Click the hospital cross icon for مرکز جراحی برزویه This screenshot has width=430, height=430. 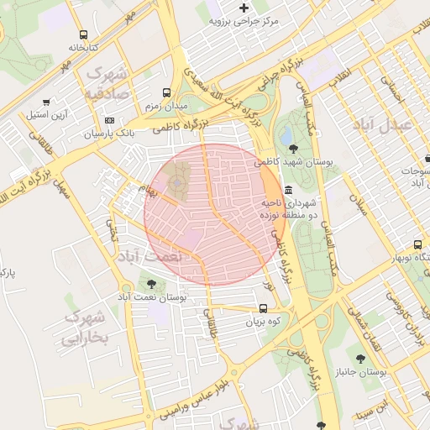(244, 8)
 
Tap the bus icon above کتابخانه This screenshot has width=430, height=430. (82, 34)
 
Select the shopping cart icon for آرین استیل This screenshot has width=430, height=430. (45, 102)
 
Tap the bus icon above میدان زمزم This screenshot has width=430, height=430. (167, 93)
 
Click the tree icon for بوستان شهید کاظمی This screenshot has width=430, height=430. (291, 148)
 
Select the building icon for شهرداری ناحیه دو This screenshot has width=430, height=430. (289, 191)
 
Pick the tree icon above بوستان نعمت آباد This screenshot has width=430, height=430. (151, 285)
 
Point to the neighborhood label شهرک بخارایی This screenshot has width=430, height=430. (86, 328)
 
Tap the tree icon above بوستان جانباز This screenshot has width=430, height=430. (360, 359)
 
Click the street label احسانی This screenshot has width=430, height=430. (391, 91)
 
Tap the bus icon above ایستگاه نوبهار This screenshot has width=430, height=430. (394, 244)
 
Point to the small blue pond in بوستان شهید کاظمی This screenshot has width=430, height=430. (286, 134)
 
